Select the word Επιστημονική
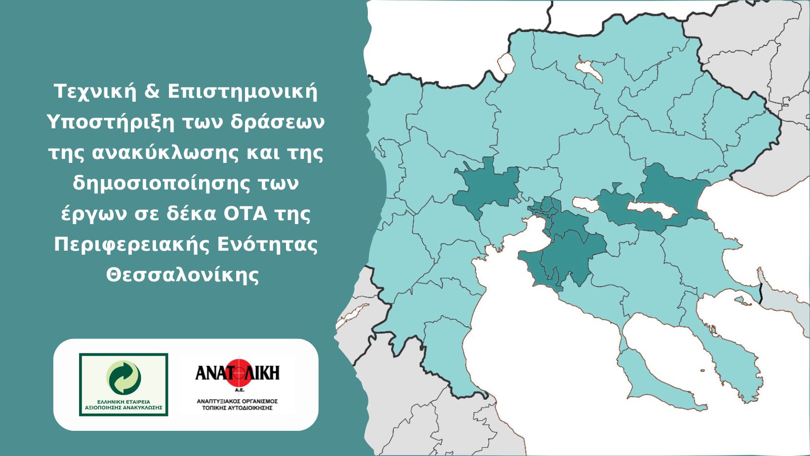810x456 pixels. (243, 92)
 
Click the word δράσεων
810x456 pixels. (278, 122)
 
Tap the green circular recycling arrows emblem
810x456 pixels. (123, 378)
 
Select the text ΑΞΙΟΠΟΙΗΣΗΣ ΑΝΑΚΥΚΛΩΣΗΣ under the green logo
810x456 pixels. (123, 408)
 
